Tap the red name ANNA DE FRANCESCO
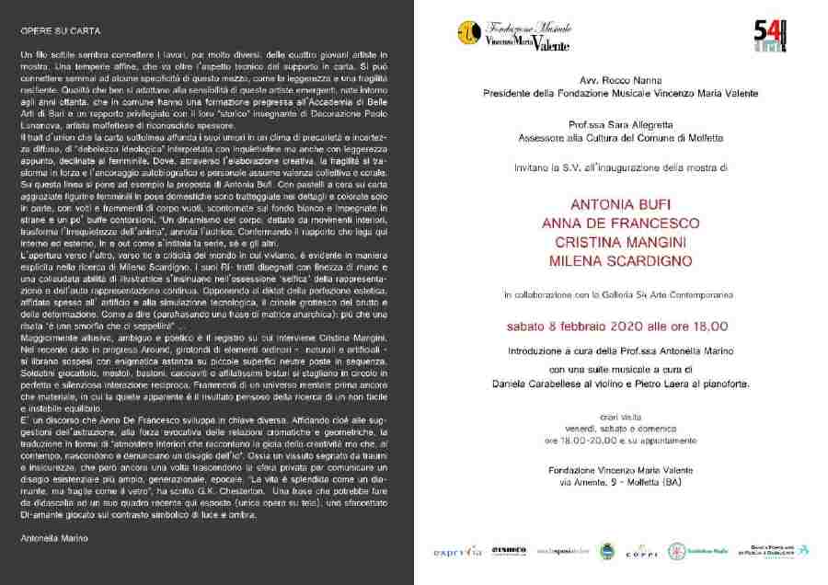(621, 224)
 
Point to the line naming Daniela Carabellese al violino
(621, 381)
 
